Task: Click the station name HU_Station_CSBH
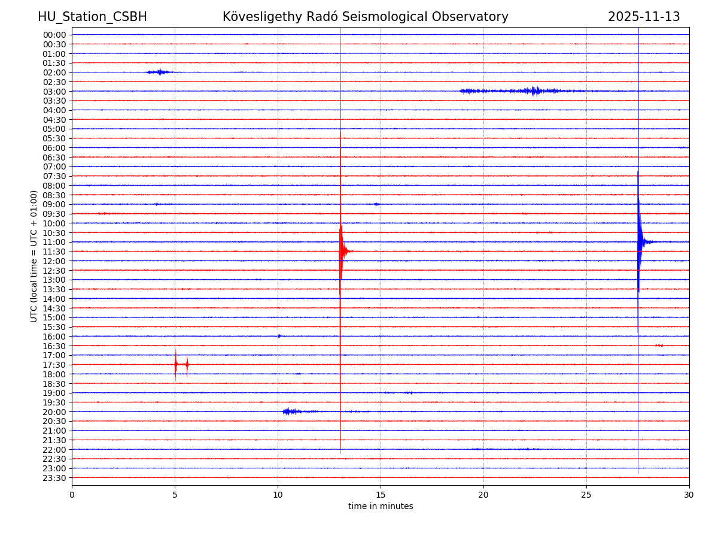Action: click(92, 17)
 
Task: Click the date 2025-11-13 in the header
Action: click(644, 17)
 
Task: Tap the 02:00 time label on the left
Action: click(54, 72)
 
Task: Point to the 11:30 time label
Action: click(54, 252)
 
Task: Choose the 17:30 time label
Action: click(54, 365)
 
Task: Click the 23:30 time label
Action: click(54, 478)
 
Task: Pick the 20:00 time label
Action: click(54, 412)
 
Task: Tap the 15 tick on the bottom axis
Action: click(381, 495)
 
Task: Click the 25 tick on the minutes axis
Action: click(586, 495)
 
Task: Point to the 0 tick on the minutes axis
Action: click(72, 495)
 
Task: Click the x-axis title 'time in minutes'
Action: click(381, 507)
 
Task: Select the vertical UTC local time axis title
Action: click(35, 256)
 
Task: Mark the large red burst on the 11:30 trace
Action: click(342, 252)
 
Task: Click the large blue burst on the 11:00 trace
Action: click(640, 241)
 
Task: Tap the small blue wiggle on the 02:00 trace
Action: click(160, 72)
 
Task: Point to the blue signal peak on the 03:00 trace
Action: click(535, 91)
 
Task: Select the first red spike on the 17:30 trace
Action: click(175, 364)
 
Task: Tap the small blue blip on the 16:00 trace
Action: click(279, 336)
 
